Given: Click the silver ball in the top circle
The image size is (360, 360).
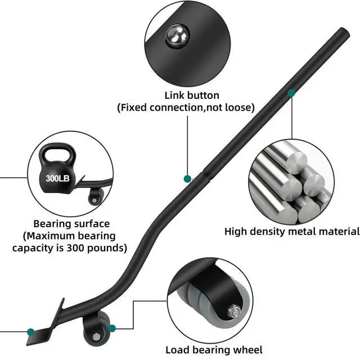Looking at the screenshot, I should coord(177,37).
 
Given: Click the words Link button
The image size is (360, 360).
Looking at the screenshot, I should coord(192,95).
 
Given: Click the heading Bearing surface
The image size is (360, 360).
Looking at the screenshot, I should coord(71,224).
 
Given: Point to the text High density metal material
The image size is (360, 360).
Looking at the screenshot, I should coord(292,231).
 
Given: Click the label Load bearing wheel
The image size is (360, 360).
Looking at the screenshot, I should coord(214,350).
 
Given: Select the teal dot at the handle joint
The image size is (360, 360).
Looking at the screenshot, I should coord(187,179).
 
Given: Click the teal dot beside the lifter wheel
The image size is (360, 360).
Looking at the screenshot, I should coord(112,328).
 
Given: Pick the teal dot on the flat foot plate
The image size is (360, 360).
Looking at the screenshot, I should coord(31,331).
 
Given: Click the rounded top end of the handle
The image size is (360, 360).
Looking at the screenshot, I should coord(344,32).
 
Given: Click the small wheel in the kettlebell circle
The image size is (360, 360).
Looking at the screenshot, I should coord(96,195).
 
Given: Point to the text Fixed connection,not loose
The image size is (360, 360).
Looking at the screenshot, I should coord(186,107).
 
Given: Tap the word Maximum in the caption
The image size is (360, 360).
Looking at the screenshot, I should coord(47,236).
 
